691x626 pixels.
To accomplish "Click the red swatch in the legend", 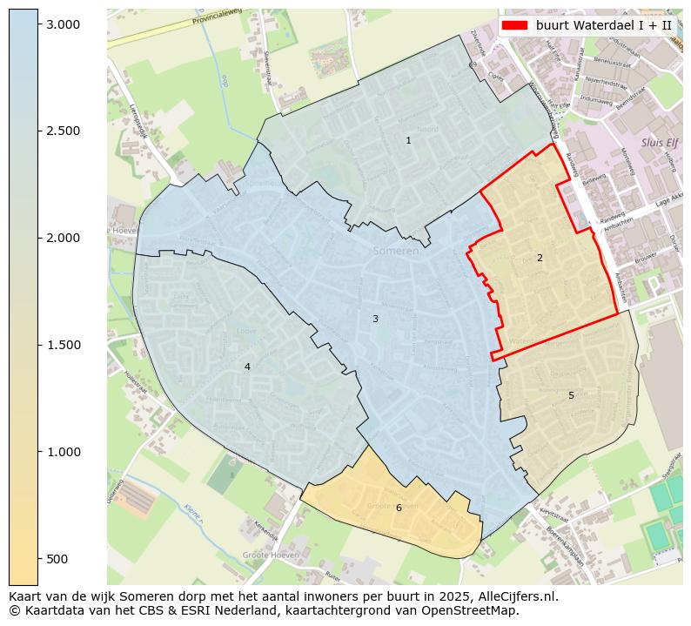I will tap(514, 25).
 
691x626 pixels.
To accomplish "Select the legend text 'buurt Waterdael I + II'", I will tap(604, 25).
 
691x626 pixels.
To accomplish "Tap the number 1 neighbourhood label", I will tap(408, 140).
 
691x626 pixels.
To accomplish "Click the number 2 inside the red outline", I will tap(540, 258).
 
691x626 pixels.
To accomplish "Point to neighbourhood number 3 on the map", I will tap(375, 319).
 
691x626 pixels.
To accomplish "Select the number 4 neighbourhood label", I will tap(247, 367).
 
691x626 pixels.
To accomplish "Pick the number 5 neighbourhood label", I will tap(571, 395).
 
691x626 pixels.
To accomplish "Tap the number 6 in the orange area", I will tap(399, 508).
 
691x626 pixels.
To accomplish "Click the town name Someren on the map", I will tap(395, 251).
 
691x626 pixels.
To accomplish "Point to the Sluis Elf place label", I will tap(659, 143).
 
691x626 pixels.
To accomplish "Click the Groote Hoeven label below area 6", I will tap(271, 555).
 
